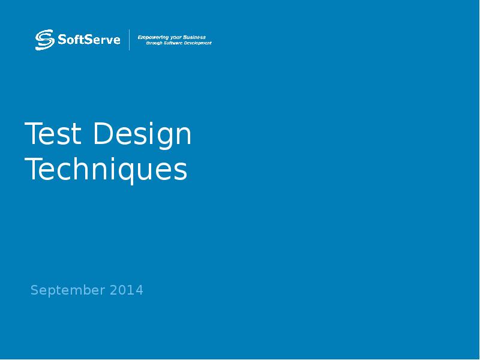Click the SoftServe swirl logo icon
[44, 40]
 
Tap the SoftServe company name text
[89, 40]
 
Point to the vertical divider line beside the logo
[130, 40]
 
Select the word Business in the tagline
[194, 37]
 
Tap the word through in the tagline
[155, 43]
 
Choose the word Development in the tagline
[200, 43]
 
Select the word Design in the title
[142, 135]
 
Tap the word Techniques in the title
[106, 170]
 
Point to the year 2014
[127, 290]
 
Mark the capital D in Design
[102, 134]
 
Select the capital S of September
[34, 290]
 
